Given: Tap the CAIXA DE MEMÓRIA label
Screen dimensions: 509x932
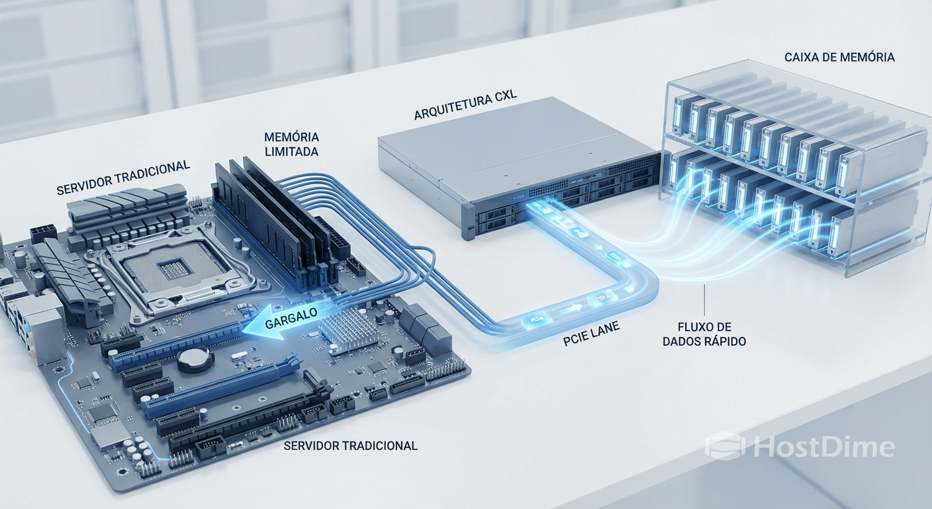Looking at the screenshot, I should [839, 58].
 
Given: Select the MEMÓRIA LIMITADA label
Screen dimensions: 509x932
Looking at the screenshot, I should [291, 144].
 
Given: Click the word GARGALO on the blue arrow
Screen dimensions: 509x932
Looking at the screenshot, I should [291, 319].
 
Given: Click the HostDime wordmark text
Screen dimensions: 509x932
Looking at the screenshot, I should [824, 447].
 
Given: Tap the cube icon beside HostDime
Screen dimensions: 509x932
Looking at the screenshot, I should [725, 446].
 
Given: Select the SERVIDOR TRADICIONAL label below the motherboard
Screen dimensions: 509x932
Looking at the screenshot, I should [350, 446].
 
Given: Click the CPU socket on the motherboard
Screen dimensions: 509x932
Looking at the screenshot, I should [165, 268].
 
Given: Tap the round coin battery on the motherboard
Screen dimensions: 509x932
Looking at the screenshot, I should [195, 359].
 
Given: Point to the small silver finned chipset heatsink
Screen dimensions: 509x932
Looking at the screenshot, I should [348, 329].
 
